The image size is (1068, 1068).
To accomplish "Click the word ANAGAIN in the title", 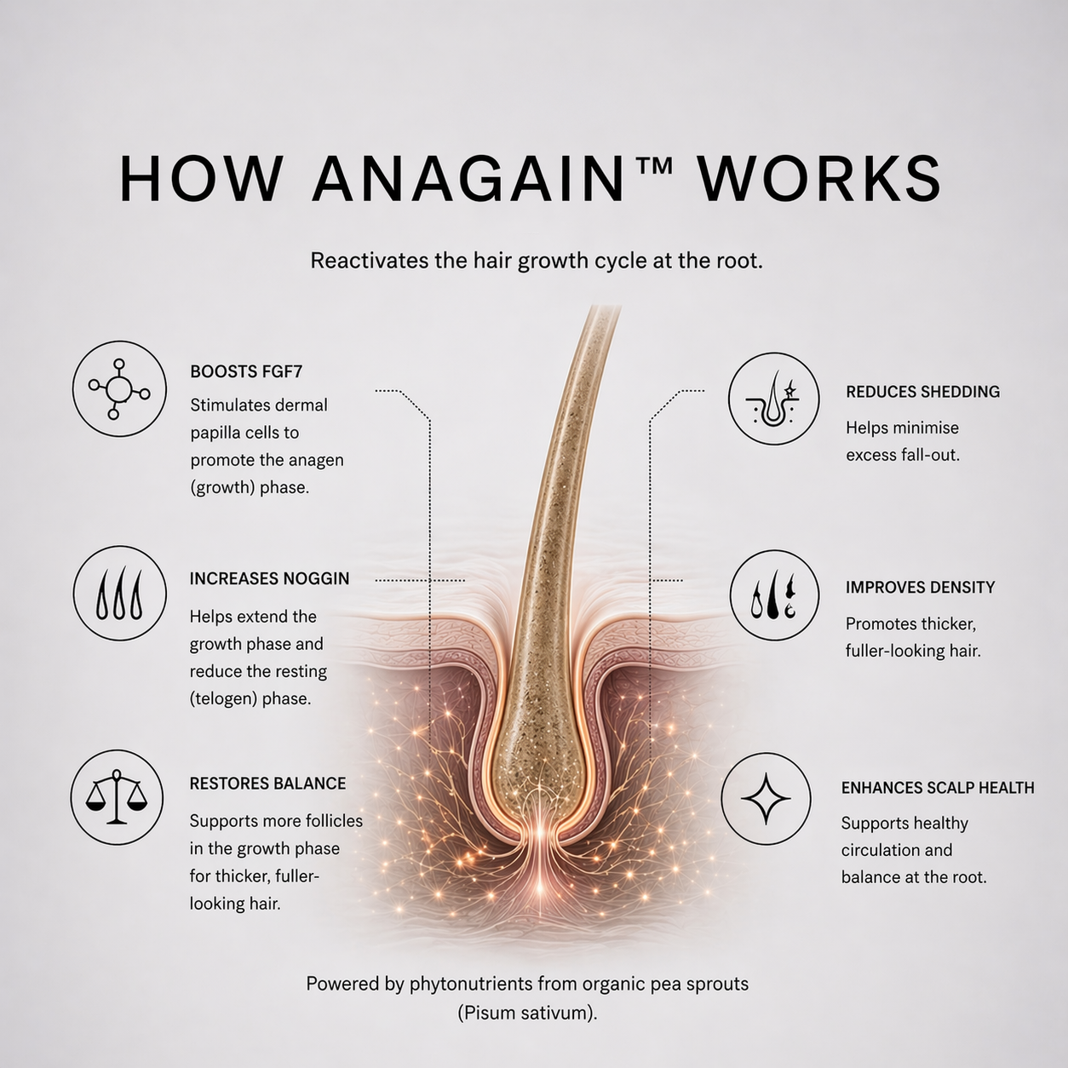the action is click(x=468, y=180).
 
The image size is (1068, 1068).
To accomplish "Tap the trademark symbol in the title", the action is click(x=653, y=166).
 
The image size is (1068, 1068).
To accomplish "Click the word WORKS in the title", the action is click(x=818, y=180).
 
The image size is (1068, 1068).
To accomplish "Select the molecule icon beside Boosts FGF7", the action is click(x=119, y=388).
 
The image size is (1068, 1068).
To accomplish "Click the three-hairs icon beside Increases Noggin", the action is click(x=120, y=593).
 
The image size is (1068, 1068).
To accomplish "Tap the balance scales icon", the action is click(x=117, y=797).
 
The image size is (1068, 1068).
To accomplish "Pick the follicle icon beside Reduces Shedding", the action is click(x=773, y=399).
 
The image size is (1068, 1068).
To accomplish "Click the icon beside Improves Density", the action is click(x=773, y=595).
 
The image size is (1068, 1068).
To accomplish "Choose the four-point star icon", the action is click(x=766, y=799).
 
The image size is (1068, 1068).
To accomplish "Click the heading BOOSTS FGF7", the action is click(x=247, y=371).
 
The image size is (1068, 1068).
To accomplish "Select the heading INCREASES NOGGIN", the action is click(x=269, y=578).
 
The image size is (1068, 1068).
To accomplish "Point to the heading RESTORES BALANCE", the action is click(x=267, y=784).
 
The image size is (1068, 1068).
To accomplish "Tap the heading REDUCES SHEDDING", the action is click(x=923, y=392).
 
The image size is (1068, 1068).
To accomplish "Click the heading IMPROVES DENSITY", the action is click(x=920, y=587).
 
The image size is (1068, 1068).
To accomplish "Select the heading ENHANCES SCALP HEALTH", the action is click(x=938, y=788).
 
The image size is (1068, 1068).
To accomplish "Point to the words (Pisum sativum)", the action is click(x=528, y=1013).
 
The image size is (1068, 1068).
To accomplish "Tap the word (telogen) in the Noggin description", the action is click(x=223, y=699).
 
